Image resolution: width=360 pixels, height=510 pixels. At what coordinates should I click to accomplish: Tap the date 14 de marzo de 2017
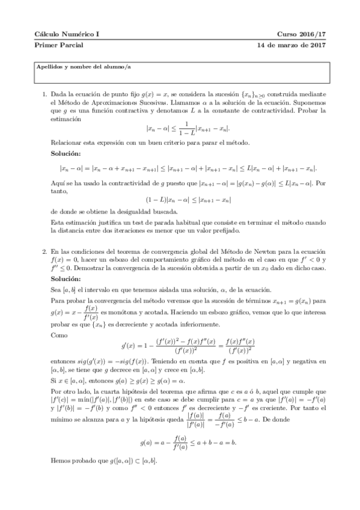291,45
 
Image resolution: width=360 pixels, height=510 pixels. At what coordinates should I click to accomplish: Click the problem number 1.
45,95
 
